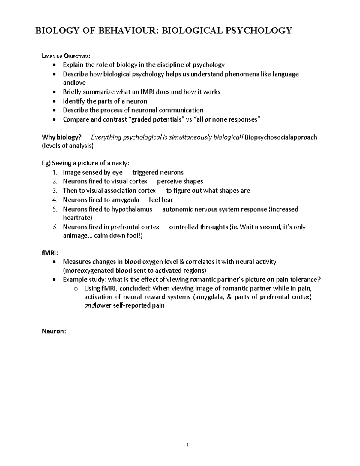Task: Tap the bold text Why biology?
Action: coord(61,137)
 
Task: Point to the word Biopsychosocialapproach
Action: coord(281,137)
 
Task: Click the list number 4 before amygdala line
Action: coord(54,200)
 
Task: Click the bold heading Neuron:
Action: coord(54,332)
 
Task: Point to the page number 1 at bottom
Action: coord(187,445)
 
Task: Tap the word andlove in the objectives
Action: coord(74,83)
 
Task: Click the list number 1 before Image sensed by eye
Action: coord(54,173)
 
